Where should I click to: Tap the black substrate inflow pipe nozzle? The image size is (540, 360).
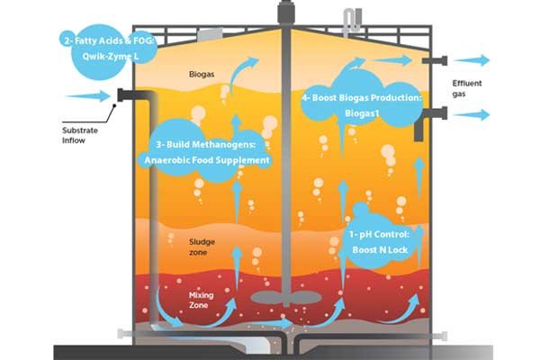click(126, 95)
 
